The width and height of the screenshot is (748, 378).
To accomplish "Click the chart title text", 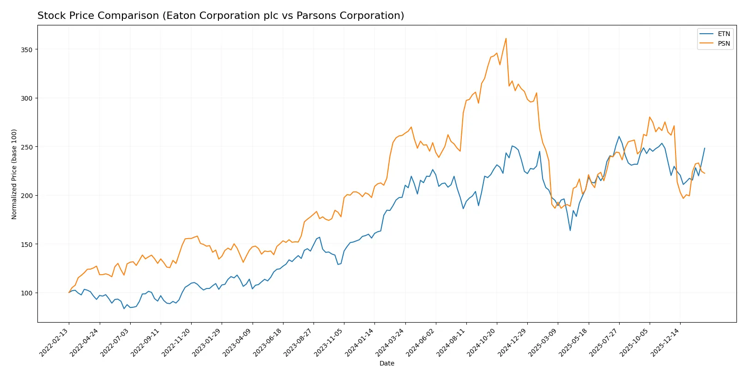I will point(221,16).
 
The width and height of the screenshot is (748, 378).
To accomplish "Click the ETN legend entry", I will point(724,34).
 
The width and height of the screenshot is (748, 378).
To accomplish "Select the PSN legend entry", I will point(724,43).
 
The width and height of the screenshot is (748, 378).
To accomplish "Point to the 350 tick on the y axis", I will point(26,49).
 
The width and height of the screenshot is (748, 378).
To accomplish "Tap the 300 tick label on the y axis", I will point(26,98).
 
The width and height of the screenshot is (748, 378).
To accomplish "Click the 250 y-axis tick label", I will point(26,147).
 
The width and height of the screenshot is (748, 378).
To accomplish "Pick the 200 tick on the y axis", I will point(26,196).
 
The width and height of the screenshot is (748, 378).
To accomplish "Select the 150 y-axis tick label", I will point(26,244).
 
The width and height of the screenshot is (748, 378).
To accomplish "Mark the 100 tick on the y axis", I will point(26,293).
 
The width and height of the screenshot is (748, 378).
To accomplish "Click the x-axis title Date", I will point(386,363).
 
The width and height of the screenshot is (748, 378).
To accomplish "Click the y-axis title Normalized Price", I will point(14,174).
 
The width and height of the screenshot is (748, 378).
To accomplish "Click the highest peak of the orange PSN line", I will point(506,38).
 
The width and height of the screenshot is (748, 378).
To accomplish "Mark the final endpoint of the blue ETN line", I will point(705,148).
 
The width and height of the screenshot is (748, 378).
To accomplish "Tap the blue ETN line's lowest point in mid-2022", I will point(124,308).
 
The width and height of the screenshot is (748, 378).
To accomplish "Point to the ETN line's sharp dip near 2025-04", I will point(570,230).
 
